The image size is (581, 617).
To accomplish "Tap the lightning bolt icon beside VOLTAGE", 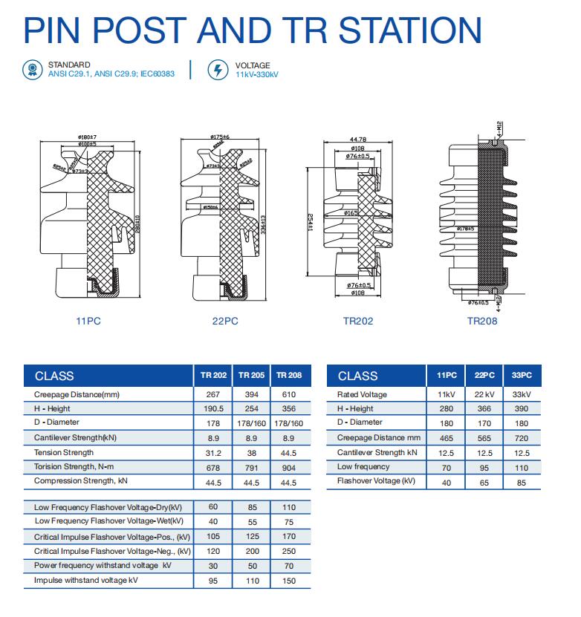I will pyautogui.click(x=218, y=71).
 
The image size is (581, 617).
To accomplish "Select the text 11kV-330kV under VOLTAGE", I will pyautogui.click(x=256, y=76).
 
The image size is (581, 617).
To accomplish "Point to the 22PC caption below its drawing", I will pyautogui.click(x=226, y=321).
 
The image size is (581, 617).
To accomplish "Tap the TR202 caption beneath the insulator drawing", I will pyautogui.click(x=358, y=321).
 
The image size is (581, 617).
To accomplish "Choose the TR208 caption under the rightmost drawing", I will pyautogui.click(x=482, y=321).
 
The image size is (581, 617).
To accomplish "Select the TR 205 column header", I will pyautogui.click(x=251, y=375).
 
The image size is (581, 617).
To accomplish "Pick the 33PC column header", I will pyautogui.click(x=522, y=375).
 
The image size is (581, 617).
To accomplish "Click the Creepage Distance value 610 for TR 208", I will pyautogui.click(x=288, y=394).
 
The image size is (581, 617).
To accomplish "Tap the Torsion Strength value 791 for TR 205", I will pyautogui.click(x=251, y=467).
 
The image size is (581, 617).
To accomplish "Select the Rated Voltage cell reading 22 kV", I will pyautogui.click(x=484, y=394).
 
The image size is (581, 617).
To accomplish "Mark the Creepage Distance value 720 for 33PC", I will pyautogui.click(x=522, y=438).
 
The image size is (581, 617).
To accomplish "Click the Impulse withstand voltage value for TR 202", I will pyautogui.click(x=213, y=580).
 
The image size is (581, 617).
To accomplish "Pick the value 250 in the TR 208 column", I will pyautogui.click(x=288, y=551).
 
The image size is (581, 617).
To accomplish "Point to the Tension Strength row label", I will pyautogui.click(x=64, y=452).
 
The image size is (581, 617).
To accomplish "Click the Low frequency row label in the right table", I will pyautogui.click(x=363, y=467).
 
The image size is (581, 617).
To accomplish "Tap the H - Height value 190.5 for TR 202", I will pyautogui.click(x=213, y=409).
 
